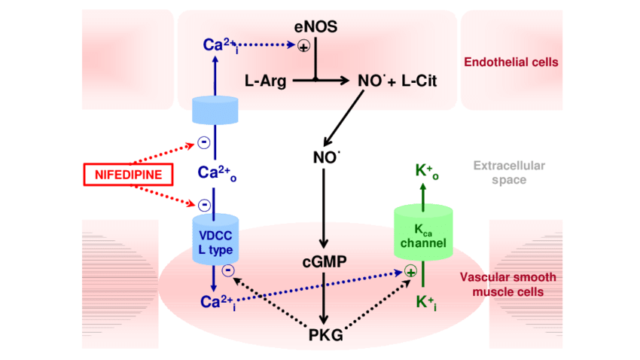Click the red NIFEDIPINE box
point(127,175)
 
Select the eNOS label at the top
point(315,28)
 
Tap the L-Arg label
point(266,80)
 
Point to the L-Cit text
point(419,80)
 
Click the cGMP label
point(325,261)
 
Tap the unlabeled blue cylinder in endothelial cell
point(215,110)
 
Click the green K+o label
point(425,169)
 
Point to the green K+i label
point(425,303)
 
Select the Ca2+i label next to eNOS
point(219,44)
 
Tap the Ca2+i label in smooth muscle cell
point(217,302)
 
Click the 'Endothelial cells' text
point(511,62)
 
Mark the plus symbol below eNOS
point(303,47)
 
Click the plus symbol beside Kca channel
point(410,271)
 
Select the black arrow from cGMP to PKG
point(325,297)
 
